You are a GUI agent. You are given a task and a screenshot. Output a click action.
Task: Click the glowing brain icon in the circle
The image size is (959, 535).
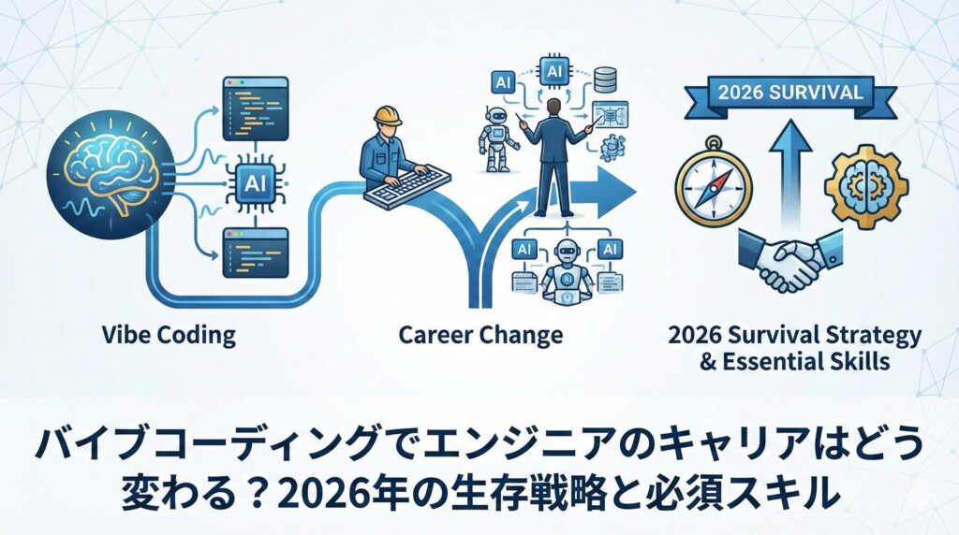pyautogui.click(x=111, y=173)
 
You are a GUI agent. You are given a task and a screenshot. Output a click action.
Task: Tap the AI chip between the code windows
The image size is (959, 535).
pyautogui.click(x=255, y=183)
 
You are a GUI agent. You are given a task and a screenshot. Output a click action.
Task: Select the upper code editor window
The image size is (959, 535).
pyautogui.click(x=255, y=108)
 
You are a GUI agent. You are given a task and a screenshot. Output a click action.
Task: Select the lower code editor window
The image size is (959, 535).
pyautogui.click(x=255, y=253)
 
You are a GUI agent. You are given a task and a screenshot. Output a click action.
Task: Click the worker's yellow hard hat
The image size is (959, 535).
pyautogui.click(x=388, y=116)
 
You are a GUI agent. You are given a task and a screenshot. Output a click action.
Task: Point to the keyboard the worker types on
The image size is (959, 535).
pyautogui.click(x=407, y=186)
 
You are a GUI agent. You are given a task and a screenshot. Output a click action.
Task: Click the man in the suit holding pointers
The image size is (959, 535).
pyautogui.click(x=554, y=157)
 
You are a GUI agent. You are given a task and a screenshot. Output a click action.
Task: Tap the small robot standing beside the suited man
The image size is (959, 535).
pyautogui.click(x=496, y=140)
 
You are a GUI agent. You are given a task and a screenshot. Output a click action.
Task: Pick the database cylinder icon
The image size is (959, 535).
pyautogui.click(x=605, y=80)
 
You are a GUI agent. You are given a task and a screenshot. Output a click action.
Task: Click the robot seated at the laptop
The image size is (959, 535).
pyautogui.click(x=568, y=272)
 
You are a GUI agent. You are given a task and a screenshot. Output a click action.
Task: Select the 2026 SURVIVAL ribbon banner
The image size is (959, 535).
pyautogui.click(x=790, y=94)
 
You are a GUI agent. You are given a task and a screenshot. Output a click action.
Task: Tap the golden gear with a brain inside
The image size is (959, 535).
pyautogui.click(x=866, y=186)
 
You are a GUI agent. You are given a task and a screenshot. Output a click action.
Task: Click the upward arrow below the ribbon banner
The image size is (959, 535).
pyautogui.click(x=790, y=175)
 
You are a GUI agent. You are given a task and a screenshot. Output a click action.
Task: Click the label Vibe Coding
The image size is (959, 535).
pyautogui.click(x=169, y=335)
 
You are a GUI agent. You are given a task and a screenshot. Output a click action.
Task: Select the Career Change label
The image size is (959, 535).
pyautogui.click(x=480, y=335)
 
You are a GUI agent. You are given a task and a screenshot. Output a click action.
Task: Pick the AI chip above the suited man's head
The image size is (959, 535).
pyautogui.click(x=554, y=72)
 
